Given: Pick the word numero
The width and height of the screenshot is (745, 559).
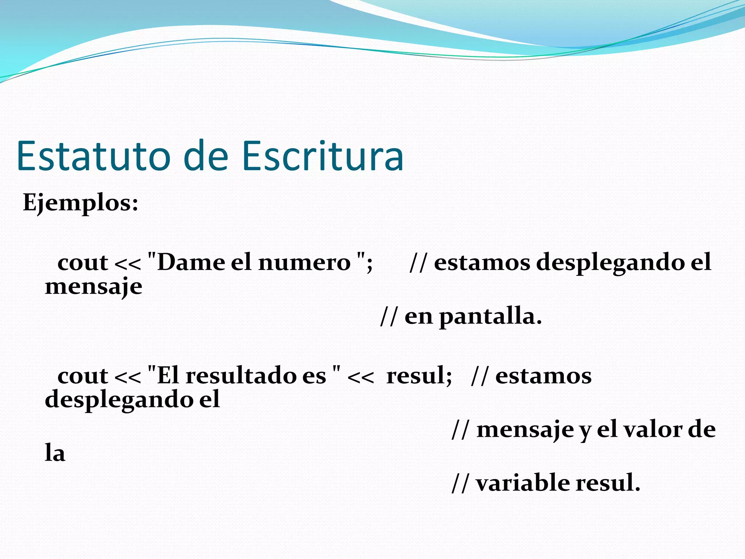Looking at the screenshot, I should click(304, 262).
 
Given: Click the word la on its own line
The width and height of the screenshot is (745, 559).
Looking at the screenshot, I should click(55, 453).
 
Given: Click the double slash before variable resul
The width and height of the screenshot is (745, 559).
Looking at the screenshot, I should click(460, 483).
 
